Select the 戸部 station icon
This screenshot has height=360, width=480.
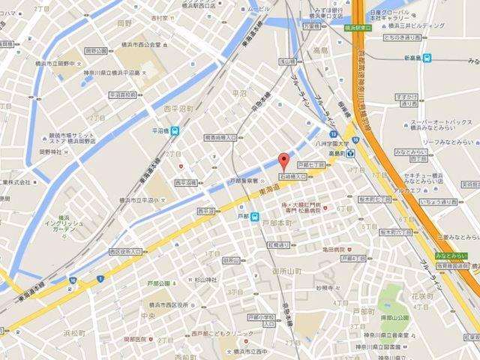pos(254,218)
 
